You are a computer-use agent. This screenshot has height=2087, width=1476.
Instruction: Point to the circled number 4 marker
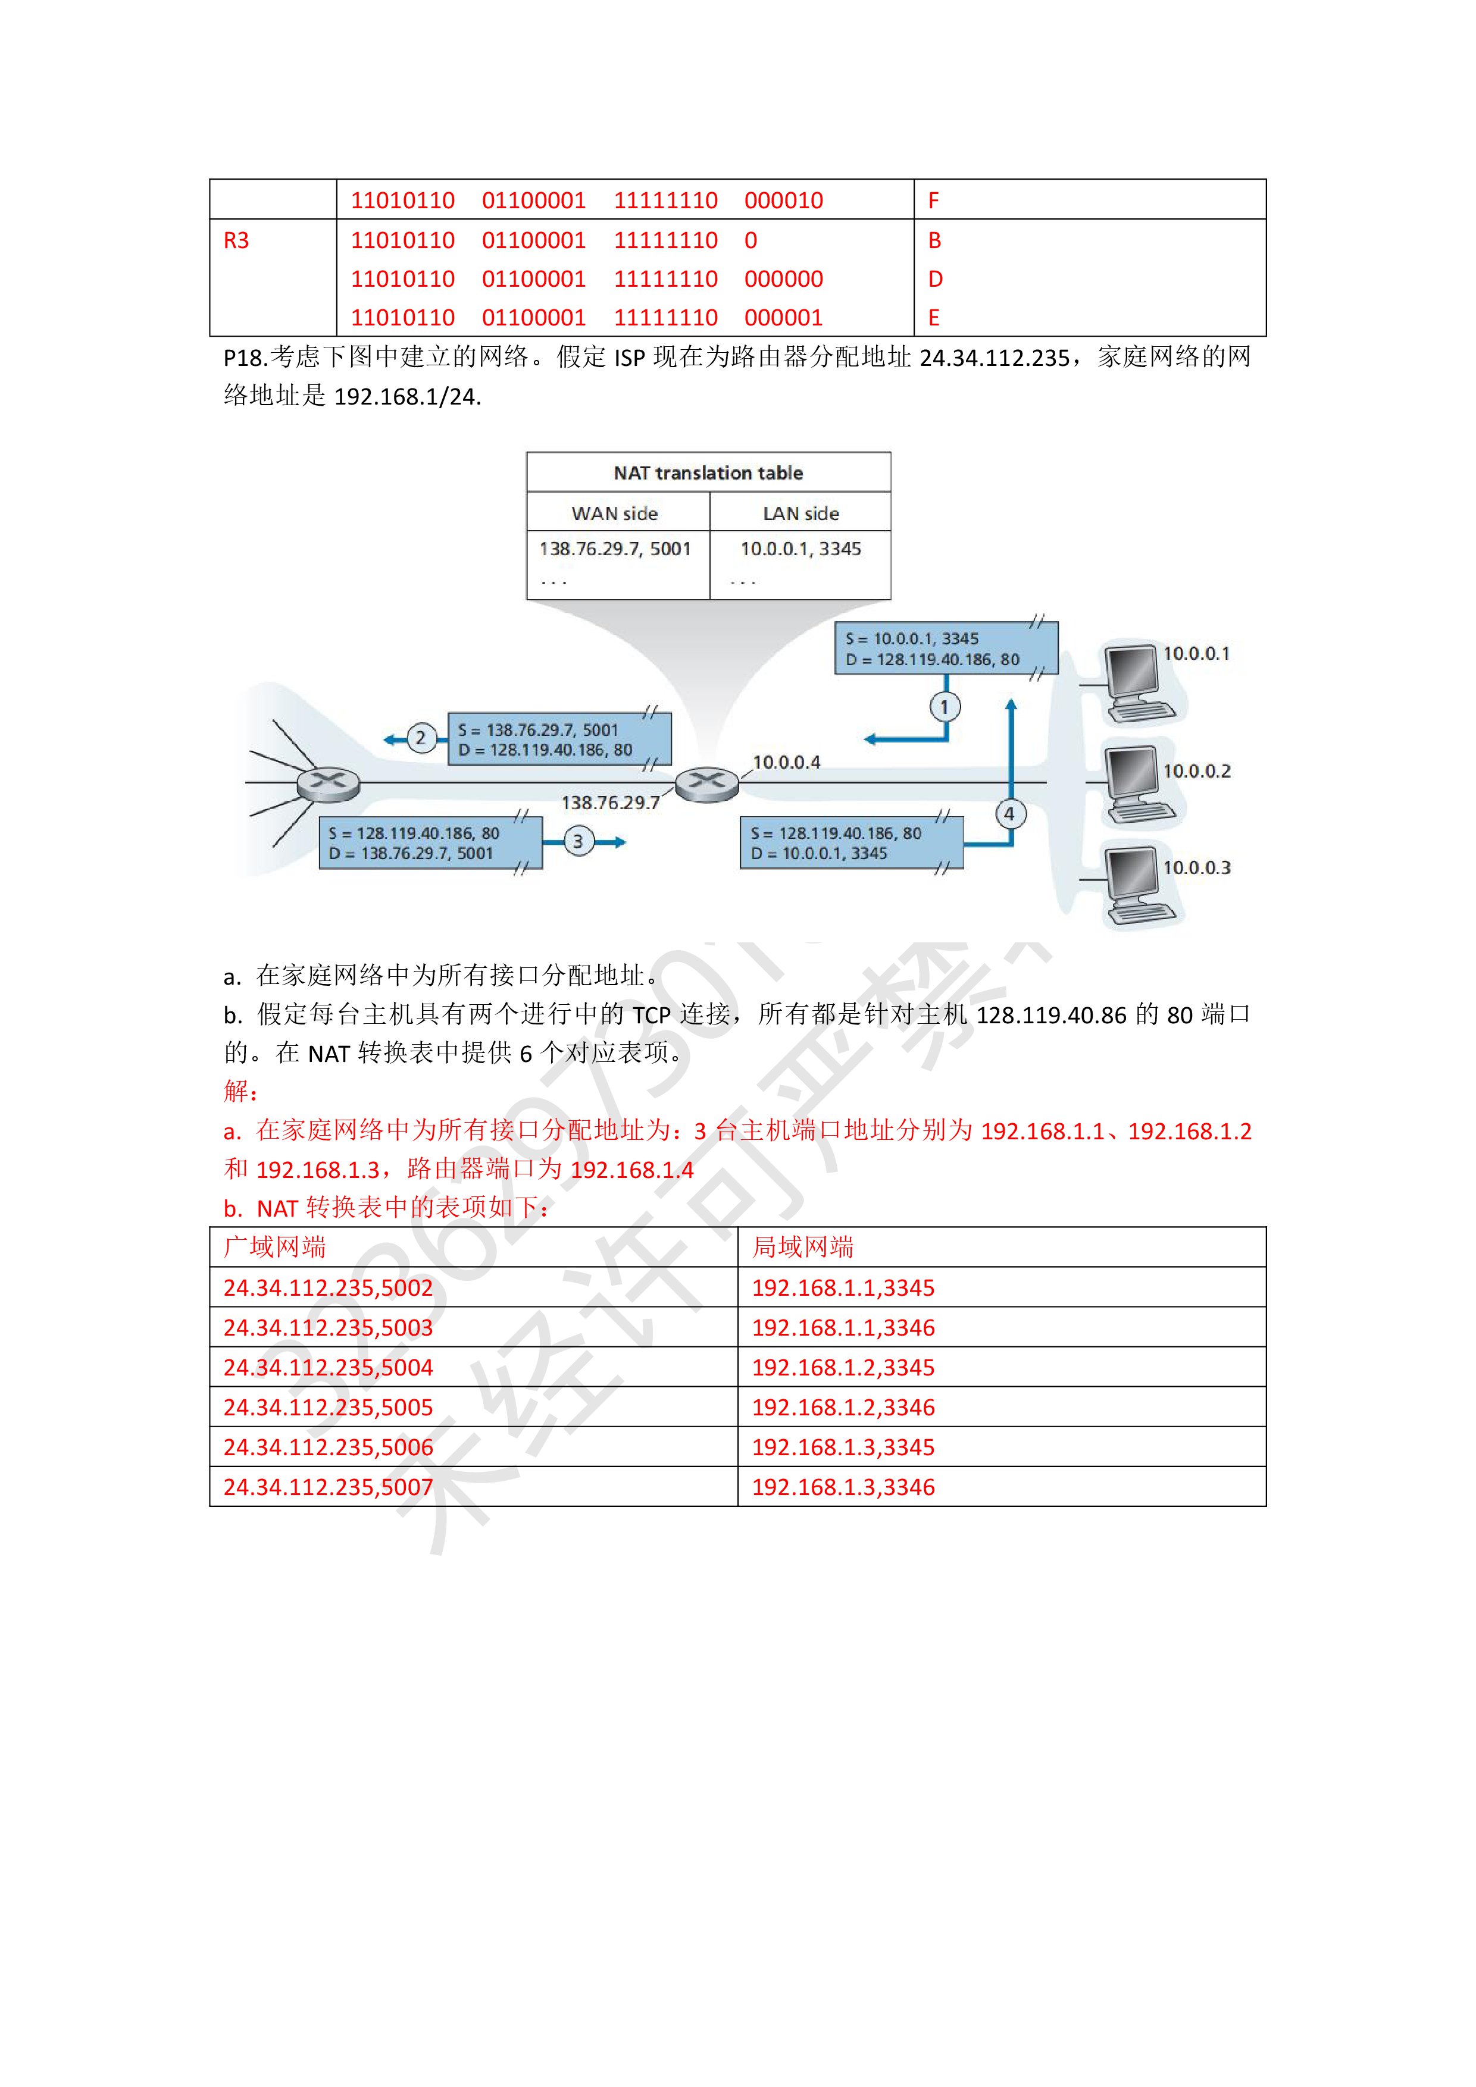tap(1009, 813)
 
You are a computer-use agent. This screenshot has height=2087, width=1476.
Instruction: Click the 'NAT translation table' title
tap(708, 472)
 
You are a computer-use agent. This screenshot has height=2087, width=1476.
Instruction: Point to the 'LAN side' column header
tap(800, 513)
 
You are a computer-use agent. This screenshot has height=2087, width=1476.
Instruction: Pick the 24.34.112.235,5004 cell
tap(329, 1367)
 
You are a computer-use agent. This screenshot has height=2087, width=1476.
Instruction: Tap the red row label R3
tap(236, 241)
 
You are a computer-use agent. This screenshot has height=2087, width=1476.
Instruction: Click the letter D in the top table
tap(935, 279)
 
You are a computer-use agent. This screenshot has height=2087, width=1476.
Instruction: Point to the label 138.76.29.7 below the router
tap(609, 803)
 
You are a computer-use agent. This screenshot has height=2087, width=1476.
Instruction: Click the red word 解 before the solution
tap(236, 1090)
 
